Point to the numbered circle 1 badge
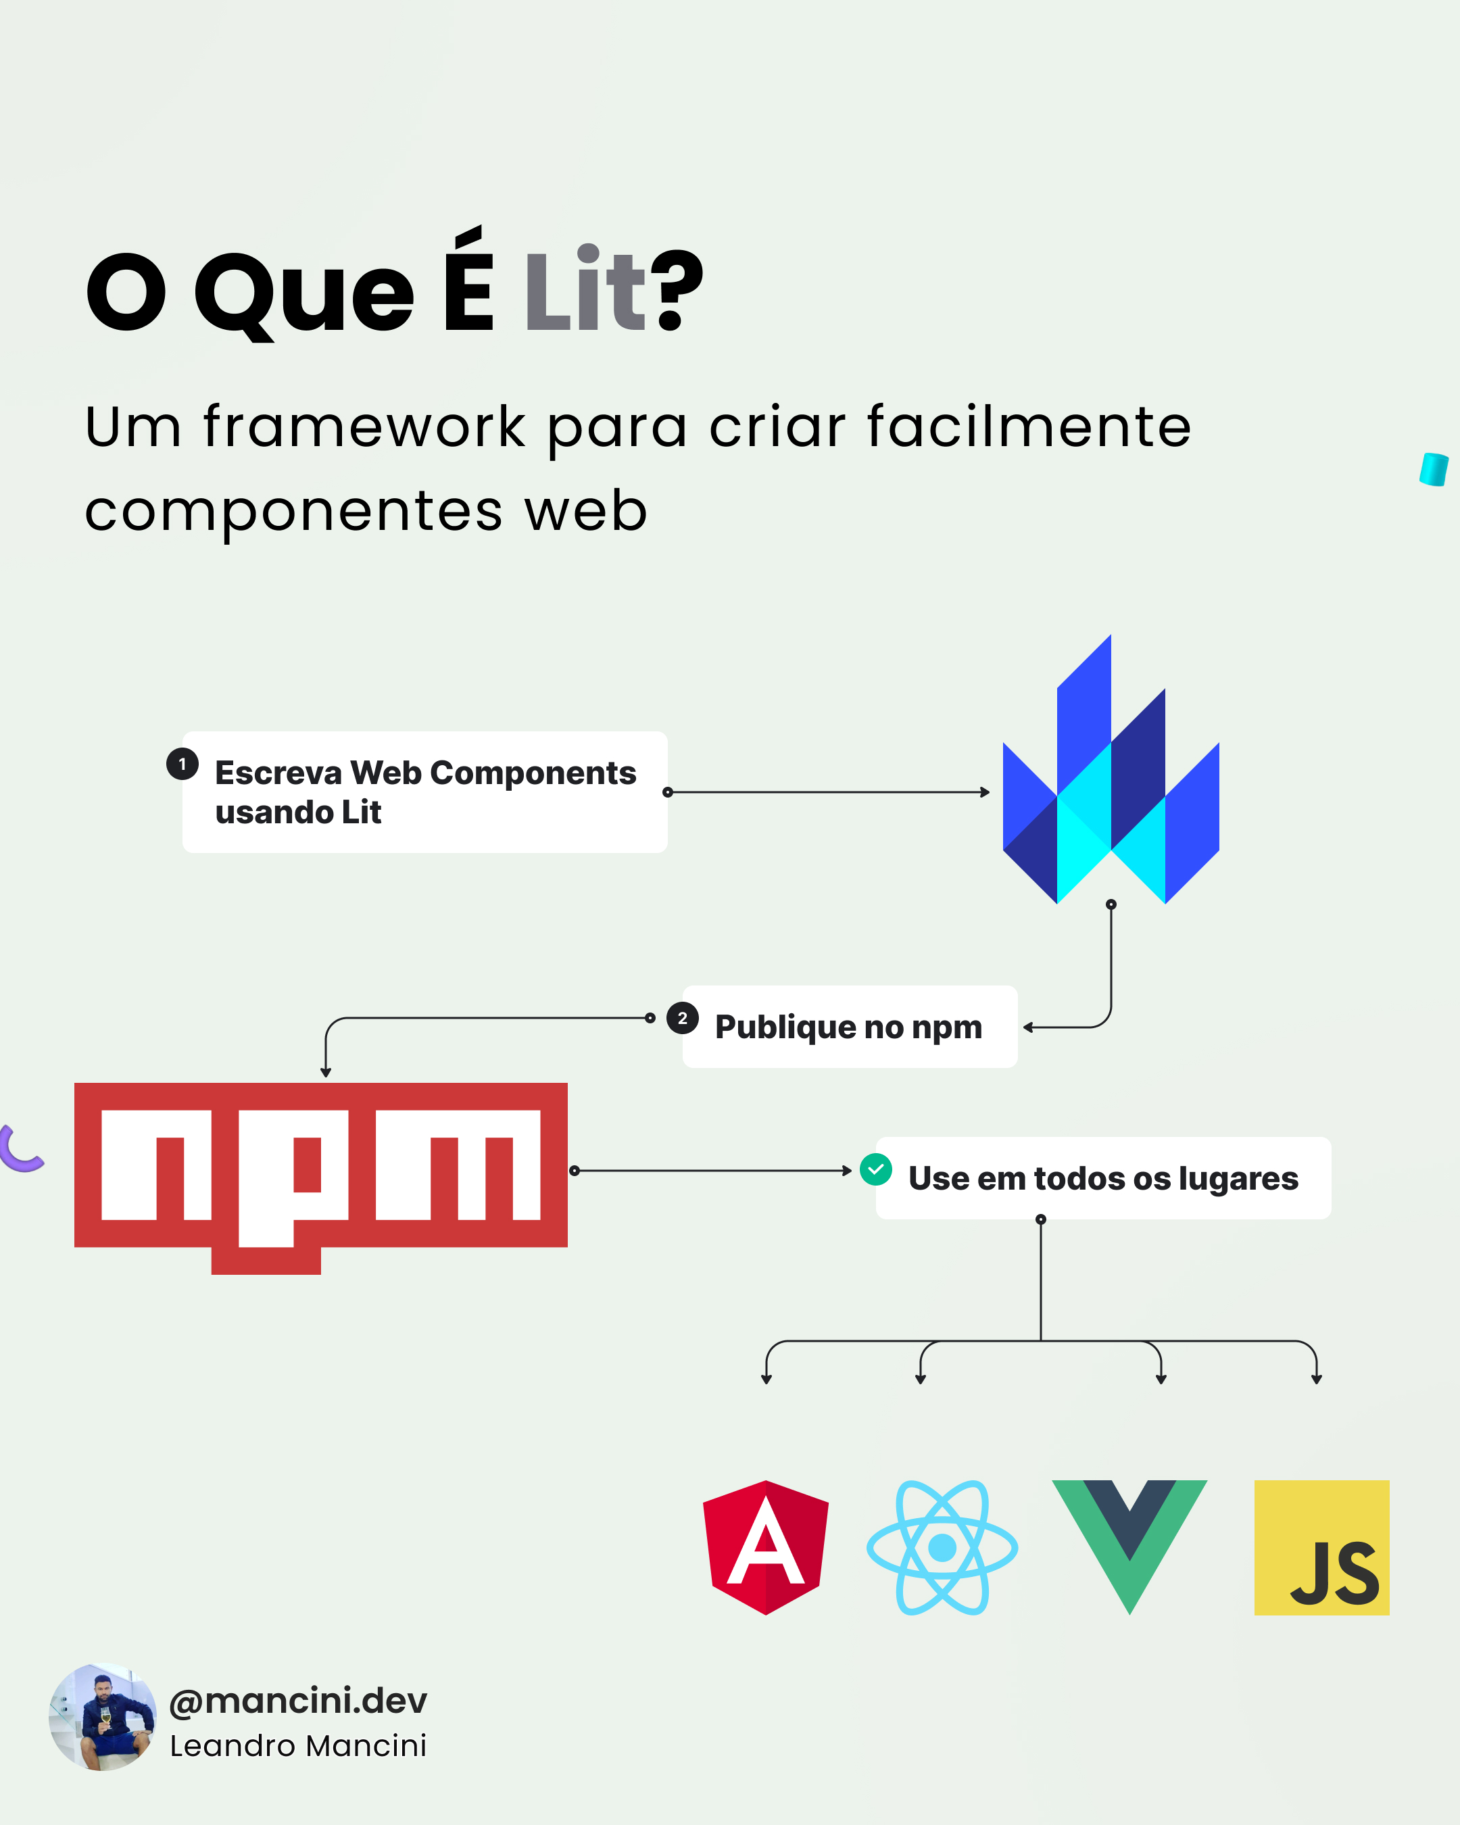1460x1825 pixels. [x=182, y=764]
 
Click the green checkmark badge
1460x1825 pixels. [x=875, y=1169]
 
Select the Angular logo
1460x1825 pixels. [x=766, y=1547]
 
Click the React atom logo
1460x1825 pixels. [x=942, y=1547]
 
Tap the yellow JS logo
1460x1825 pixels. [x=1321, y=1547]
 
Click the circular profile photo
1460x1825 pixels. [x=103, y=1718]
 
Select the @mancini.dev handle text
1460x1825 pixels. [x=298, y=1701]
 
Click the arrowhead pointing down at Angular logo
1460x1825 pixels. [x=766, y=1379]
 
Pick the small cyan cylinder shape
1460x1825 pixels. [x=1433, y=469]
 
